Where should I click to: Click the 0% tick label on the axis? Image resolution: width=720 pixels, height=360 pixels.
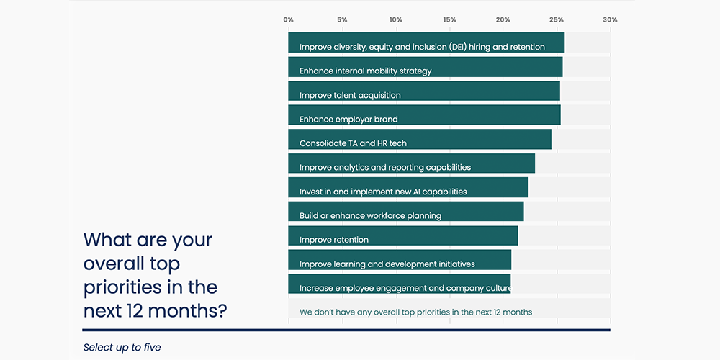pos(289,19)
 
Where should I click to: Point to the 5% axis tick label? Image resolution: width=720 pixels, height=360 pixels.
pos(342,19)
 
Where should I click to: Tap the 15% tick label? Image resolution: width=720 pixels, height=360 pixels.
pos(449,19)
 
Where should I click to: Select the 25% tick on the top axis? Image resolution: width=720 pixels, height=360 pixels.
pos(556,19)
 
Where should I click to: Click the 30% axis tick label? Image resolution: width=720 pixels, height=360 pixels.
pos(610,19)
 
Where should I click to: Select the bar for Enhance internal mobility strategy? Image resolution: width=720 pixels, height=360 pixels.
pos(425,67)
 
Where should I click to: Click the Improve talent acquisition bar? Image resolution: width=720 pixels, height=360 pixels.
pos(423,91)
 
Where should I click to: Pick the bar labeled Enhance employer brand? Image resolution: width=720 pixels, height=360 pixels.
pos(424,115)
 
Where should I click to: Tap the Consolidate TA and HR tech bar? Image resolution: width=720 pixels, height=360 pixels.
pos(420,139)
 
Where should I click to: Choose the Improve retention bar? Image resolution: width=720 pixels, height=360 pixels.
pos(402,235)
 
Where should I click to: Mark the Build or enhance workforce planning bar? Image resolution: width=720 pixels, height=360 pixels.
pos(406,212)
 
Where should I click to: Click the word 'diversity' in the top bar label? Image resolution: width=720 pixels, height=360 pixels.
pos(349,47)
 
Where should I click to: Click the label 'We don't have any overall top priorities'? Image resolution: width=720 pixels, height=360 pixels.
pos(415,312)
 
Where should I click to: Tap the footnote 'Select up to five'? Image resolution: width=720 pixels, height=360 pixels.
pos(122,347)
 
